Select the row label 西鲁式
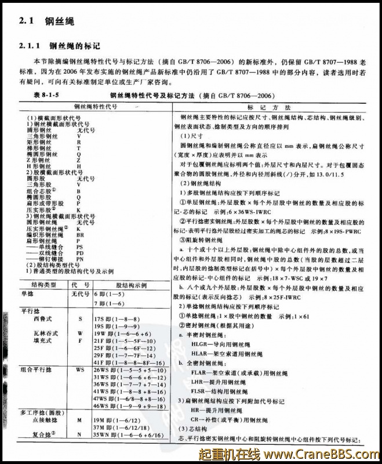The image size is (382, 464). (42, 319)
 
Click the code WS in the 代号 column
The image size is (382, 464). (80, 368)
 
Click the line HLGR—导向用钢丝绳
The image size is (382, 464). (222, 344)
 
